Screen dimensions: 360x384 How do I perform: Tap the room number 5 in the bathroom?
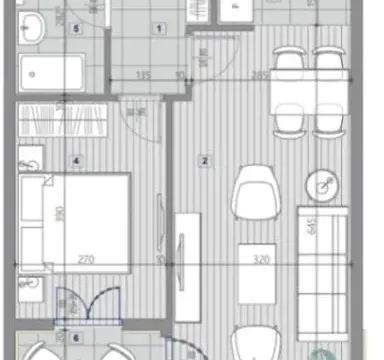(x=77, y=27)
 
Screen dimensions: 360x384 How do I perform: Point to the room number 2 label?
(x=205, y=159)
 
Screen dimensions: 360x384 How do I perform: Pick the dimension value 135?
(x=143, y=74)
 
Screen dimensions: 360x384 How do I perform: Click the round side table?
(x=324, y=186)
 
